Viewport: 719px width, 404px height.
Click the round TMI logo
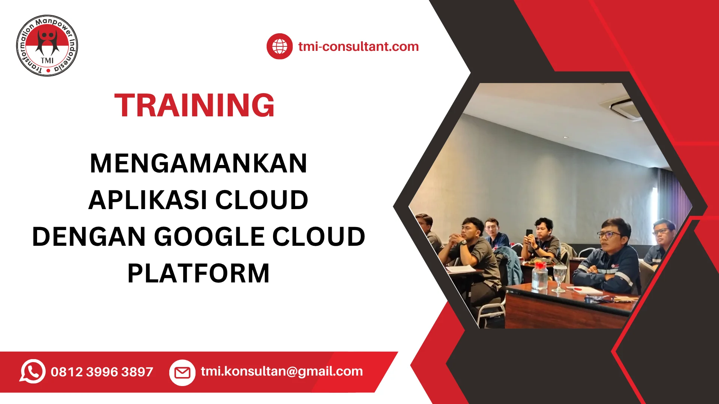[47, 46]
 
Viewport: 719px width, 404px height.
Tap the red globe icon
[279, 46]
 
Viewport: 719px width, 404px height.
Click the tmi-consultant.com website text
[358, 46]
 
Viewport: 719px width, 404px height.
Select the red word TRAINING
[194, 105]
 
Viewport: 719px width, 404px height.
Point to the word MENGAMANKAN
[198, 163]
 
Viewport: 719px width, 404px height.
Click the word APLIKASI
[148, 200]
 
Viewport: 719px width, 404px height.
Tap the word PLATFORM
[198, 273]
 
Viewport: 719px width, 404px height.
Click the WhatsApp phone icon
[33, 371]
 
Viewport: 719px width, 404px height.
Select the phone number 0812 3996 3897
[102, 372]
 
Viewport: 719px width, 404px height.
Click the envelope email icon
[182, 373]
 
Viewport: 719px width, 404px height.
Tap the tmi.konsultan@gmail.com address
[282, 371]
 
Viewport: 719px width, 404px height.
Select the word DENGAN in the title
[89, 236]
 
